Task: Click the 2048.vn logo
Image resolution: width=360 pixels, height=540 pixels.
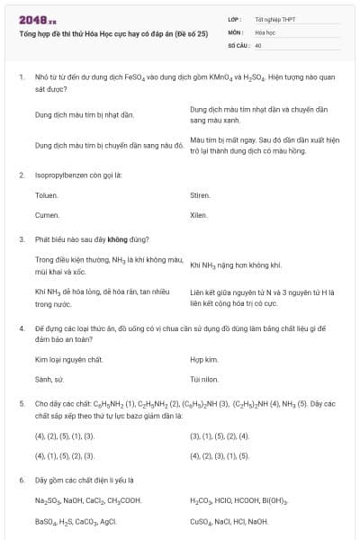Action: (x=36, y=18)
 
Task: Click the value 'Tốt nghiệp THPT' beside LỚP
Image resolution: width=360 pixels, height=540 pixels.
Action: (x=271, y=19)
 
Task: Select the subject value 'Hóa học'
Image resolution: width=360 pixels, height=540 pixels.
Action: (x=264, y=31)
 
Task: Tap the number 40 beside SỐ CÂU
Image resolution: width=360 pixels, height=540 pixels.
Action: (x=258, y=44)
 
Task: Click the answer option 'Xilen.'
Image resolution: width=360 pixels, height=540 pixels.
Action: (x=199, y=215)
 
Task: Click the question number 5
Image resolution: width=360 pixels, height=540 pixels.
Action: (x=21, y=404)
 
